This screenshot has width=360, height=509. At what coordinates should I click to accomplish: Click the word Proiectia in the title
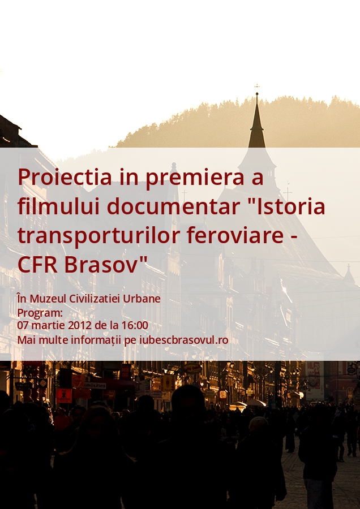pyautogui.click(x=65, y=177)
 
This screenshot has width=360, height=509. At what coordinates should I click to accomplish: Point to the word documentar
pyautogui.click(x=173, y=207)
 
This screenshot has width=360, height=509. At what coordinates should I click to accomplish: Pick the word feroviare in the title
pyautogui.click(x=235, y=235)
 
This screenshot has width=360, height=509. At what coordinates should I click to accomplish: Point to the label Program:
pyautogui.click(x=40, y=313)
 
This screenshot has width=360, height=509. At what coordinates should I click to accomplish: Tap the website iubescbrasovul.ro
pyautogui.click(x=183, y=340)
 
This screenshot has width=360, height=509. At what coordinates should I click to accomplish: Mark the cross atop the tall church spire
pyautogui.click(x=257, y=87)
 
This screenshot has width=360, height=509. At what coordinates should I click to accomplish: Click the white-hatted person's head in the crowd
pyautogui.click(x=258, y=424)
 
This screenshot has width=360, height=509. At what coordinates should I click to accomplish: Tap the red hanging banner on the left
pyautogui.click(x=64, y=396)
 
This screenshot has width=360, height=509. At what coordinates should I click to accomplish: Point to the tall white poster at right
pyautogui.click(x=314, y=381)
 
